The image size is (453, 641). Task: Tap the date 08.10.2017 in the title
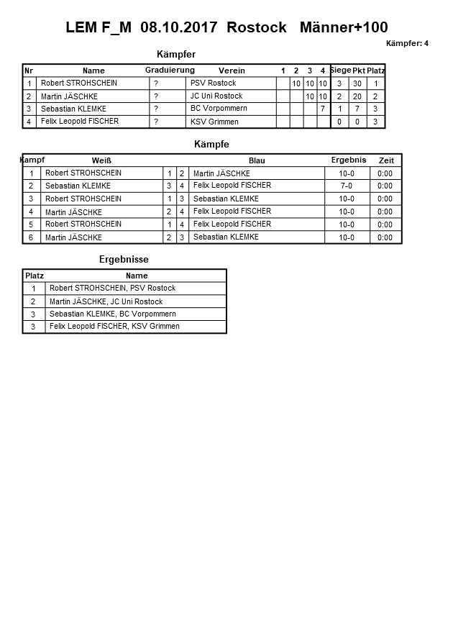click(x=180, y=28)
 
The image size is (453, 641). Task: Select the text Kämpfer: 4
click(x=407, y=44)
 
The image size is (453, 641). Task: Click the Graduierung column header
click(x=170, y=70)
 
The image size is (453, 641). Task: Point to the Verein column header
click(x=232, y=71)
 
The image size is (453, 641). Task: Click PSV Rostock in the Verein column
click(x=213, y=83)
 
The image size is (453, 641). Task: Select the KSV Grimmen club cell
click(x=214, y=122)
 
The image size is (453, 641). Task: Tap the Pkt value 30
click(x=357, y=83)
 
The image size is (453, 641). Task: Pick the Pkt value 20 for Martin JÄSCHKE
click(x=357, y=96)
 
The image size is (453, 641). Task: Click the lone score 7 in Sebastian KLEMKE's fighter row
click(x=323, y=109)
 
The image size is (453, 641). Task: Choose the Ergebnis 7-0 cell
click(x=347, y=186)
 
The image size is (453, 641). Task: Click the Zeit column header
click(x=386, y=160)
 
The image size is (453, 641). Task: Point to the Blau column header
click(x=257, y=160)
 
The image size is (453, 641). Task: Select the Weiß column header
click(x=101, y=160)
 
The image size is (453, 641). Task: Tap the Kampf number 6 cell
click(x=31, y=237)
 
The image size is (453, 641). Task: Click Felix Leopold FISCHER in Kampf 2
click(x=232, y=186)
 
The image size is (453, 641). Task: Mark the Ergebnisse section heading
click(x=124, y=260)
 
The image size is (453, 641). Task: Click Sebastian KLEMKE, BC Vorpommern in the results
click(x=112, y=314)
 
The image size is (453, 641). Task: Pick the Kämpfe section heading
click(x=211, y=145)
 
